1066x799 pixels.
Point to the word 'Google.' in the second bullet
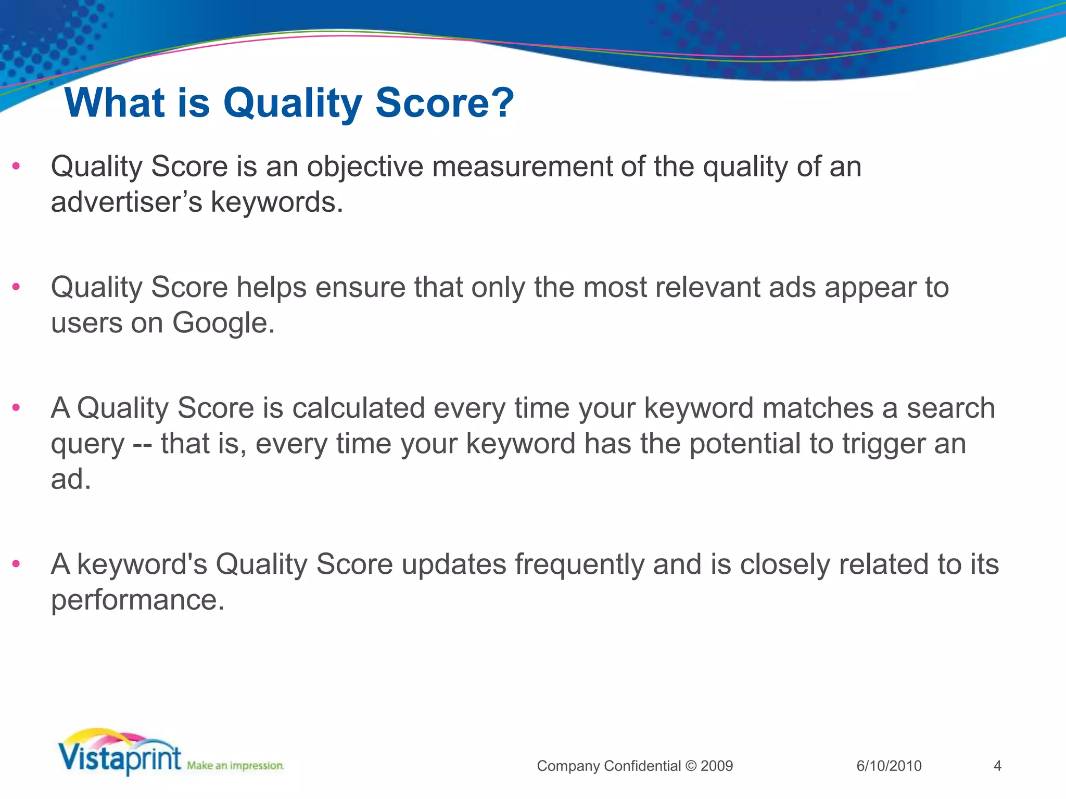click(x=223, y=323)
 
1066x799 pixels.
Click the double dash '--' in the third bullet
click(x=142, y=444)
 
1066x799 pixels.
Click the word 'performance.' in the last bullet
click(x=137, y=600)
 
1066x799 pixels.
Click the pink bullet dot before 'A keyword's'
click(x=16, y=563)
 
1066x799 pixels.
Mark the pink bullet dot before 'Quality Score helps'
click(x=16, y=287)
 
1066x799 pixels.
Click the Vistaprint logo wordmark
click(x=120, y=757)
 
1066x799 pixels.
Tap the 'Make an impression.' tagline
click(x=235, y=766)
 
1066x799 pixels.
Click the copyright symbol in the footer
click(x=691, y=766)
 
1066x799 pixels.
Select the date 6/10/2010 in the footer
click(x=889, y=766)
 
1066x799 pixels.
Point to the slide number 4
click(x=997, y=766)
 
